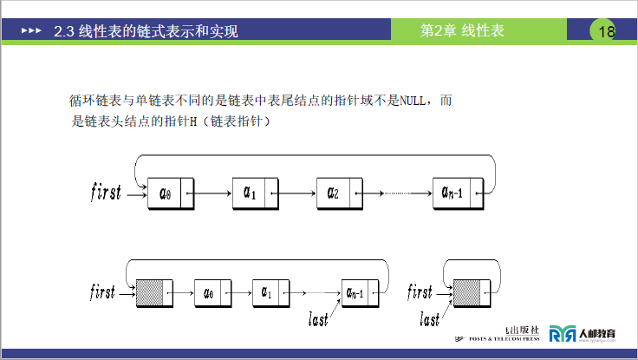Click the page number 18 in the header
(x=606, y=32)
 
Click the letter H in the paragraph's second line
(x=194, y=122)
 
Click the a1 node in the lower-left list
(x=265, y=292)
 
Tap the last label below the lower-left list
(x=319, y=320)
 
